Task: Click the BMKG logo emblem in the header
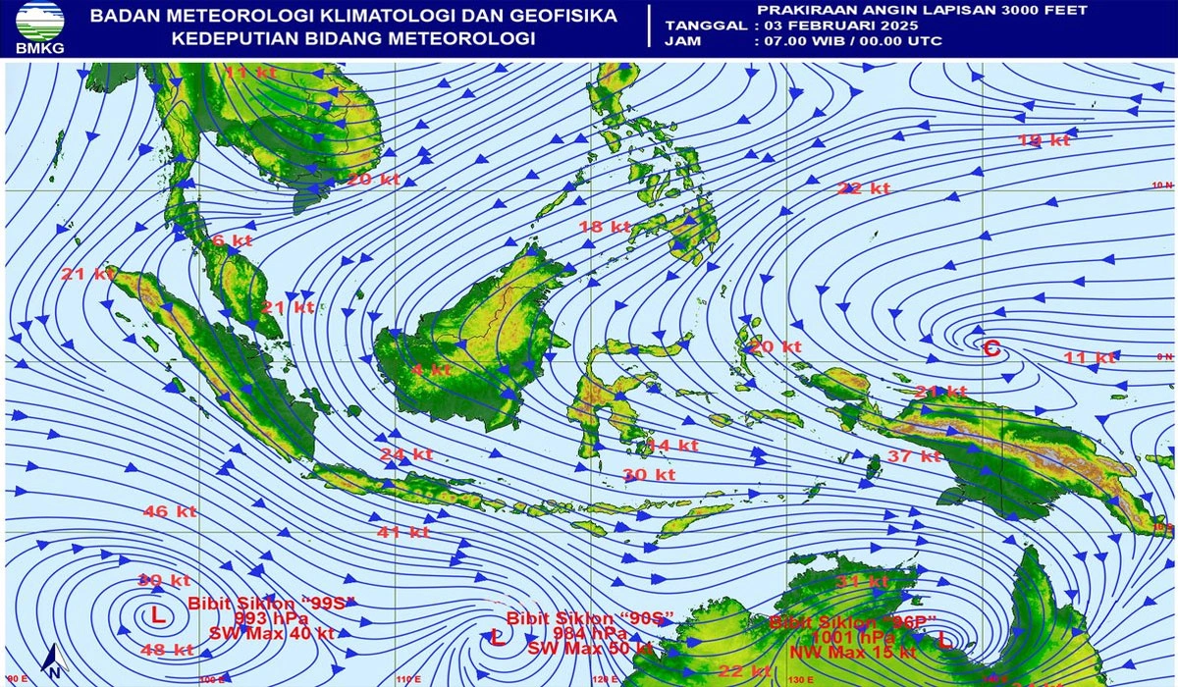pyautogui.click(x=39, y=22)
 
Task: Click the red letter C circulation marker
pyautogui.click(x=991, y=346)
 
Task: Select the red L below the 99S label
pyautogui.click(x=157, y=616)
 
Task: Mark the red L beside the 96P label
pyautogui.click(x=943, y=640)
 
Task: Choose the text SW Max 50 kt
pyautogui.click(x=590, y=649)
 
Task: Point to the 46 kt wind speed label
pyautogui.click(x=170, y=511)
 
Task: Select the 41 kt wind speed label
pyautogui.click(x=404, y=532)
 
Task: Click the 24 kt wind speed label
pyautogui.click(x=406, y=454)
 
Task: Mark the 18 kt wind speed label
pyautogui.click(x=604, y=227)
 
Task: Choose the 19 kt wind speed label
pyautogui.click(x=1043, y=140)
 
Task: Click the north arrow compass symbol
pyautogui.click(x=56, y=662)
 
